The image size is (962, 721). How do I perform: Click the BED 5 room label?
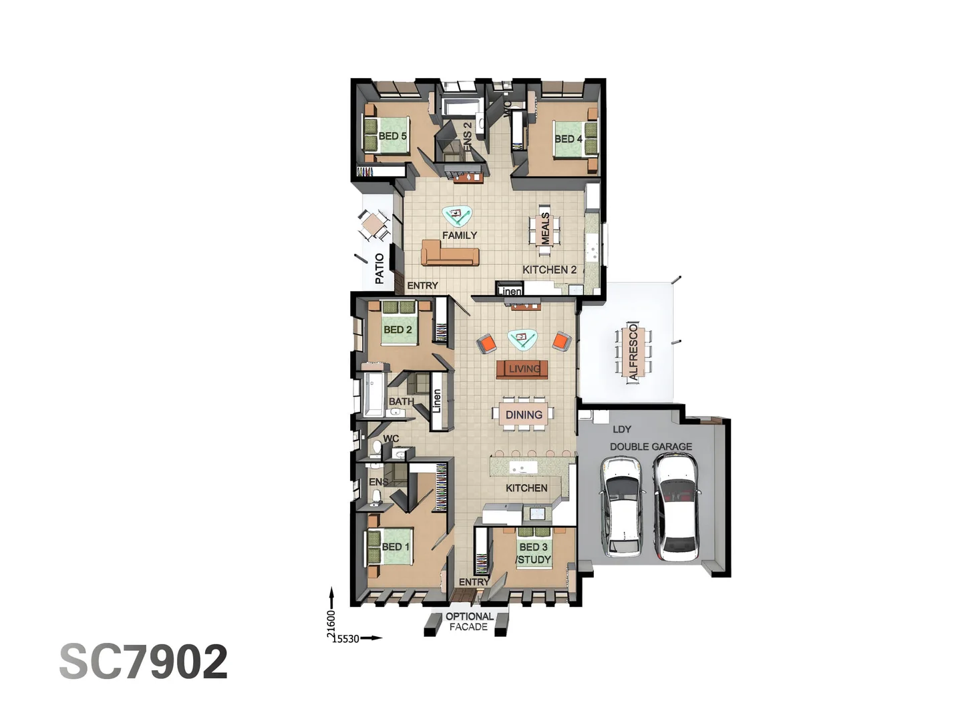click(392, 136)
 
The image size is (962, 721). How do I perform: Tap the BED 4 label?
click(569, 139)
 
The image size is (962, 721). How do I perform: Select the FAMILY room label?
click(460, 235)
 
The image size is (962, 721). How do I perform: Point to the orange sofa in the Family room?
click(450, 255)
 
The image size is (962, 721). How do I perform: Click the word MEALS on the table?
click(545, 228)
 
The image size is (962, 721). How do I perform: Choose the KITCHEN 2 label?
click(549, 270)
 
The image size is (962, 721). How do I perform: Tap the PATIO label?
click(379, 268)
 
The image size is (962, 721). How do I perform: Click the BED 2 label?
click(397, 329)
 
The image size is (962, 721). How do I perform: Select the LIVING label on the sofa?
click(524, 369)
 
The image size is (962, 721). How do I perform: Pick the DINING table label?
click(524, 415)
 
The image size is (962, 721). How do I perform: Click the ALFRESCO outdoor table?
click(633, 352)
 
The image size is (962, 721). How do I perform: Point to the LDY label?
click(622, 429)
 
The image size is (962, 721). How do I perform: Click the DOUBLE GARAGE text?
click(651, 446)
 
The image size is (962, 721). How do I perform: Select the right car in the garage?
click(676, 506)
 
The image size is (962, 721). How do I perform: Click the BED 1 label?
click(395, 547)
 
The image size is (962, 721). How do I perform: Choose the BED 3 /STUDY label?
click(534, 553)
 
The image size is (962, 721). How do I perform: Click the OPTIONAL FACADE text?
click(469, 622)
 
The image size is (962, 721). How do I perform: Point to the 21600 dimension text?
click(331, 625)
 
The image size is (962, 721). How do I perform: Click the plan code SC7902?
click(144, 662)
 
